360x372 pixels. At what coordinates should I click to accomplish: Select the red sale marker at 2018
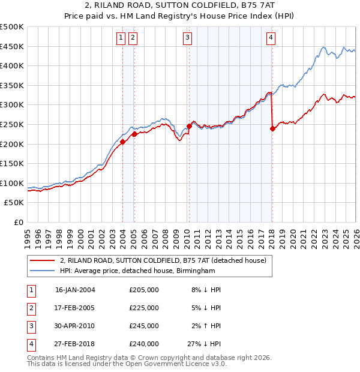[272, 128]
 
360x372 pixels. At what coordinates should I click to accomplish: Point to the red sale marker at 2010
[189, 126]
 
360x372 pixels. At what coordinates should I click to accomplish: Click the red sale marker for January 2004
[122, 142]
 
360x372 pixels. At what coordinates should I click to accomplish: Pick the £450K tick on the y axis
[12, 46]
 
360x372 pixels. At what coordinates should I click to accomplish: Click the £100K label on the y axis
[12, 183]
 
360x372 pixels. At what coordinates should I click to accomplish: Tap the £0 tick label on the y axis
[18, 222]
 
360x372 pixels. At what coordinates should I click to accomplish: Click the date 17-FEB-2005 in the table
[75, 307]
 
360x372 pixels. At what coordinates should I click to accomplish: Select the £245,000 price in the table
[144, 326]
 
